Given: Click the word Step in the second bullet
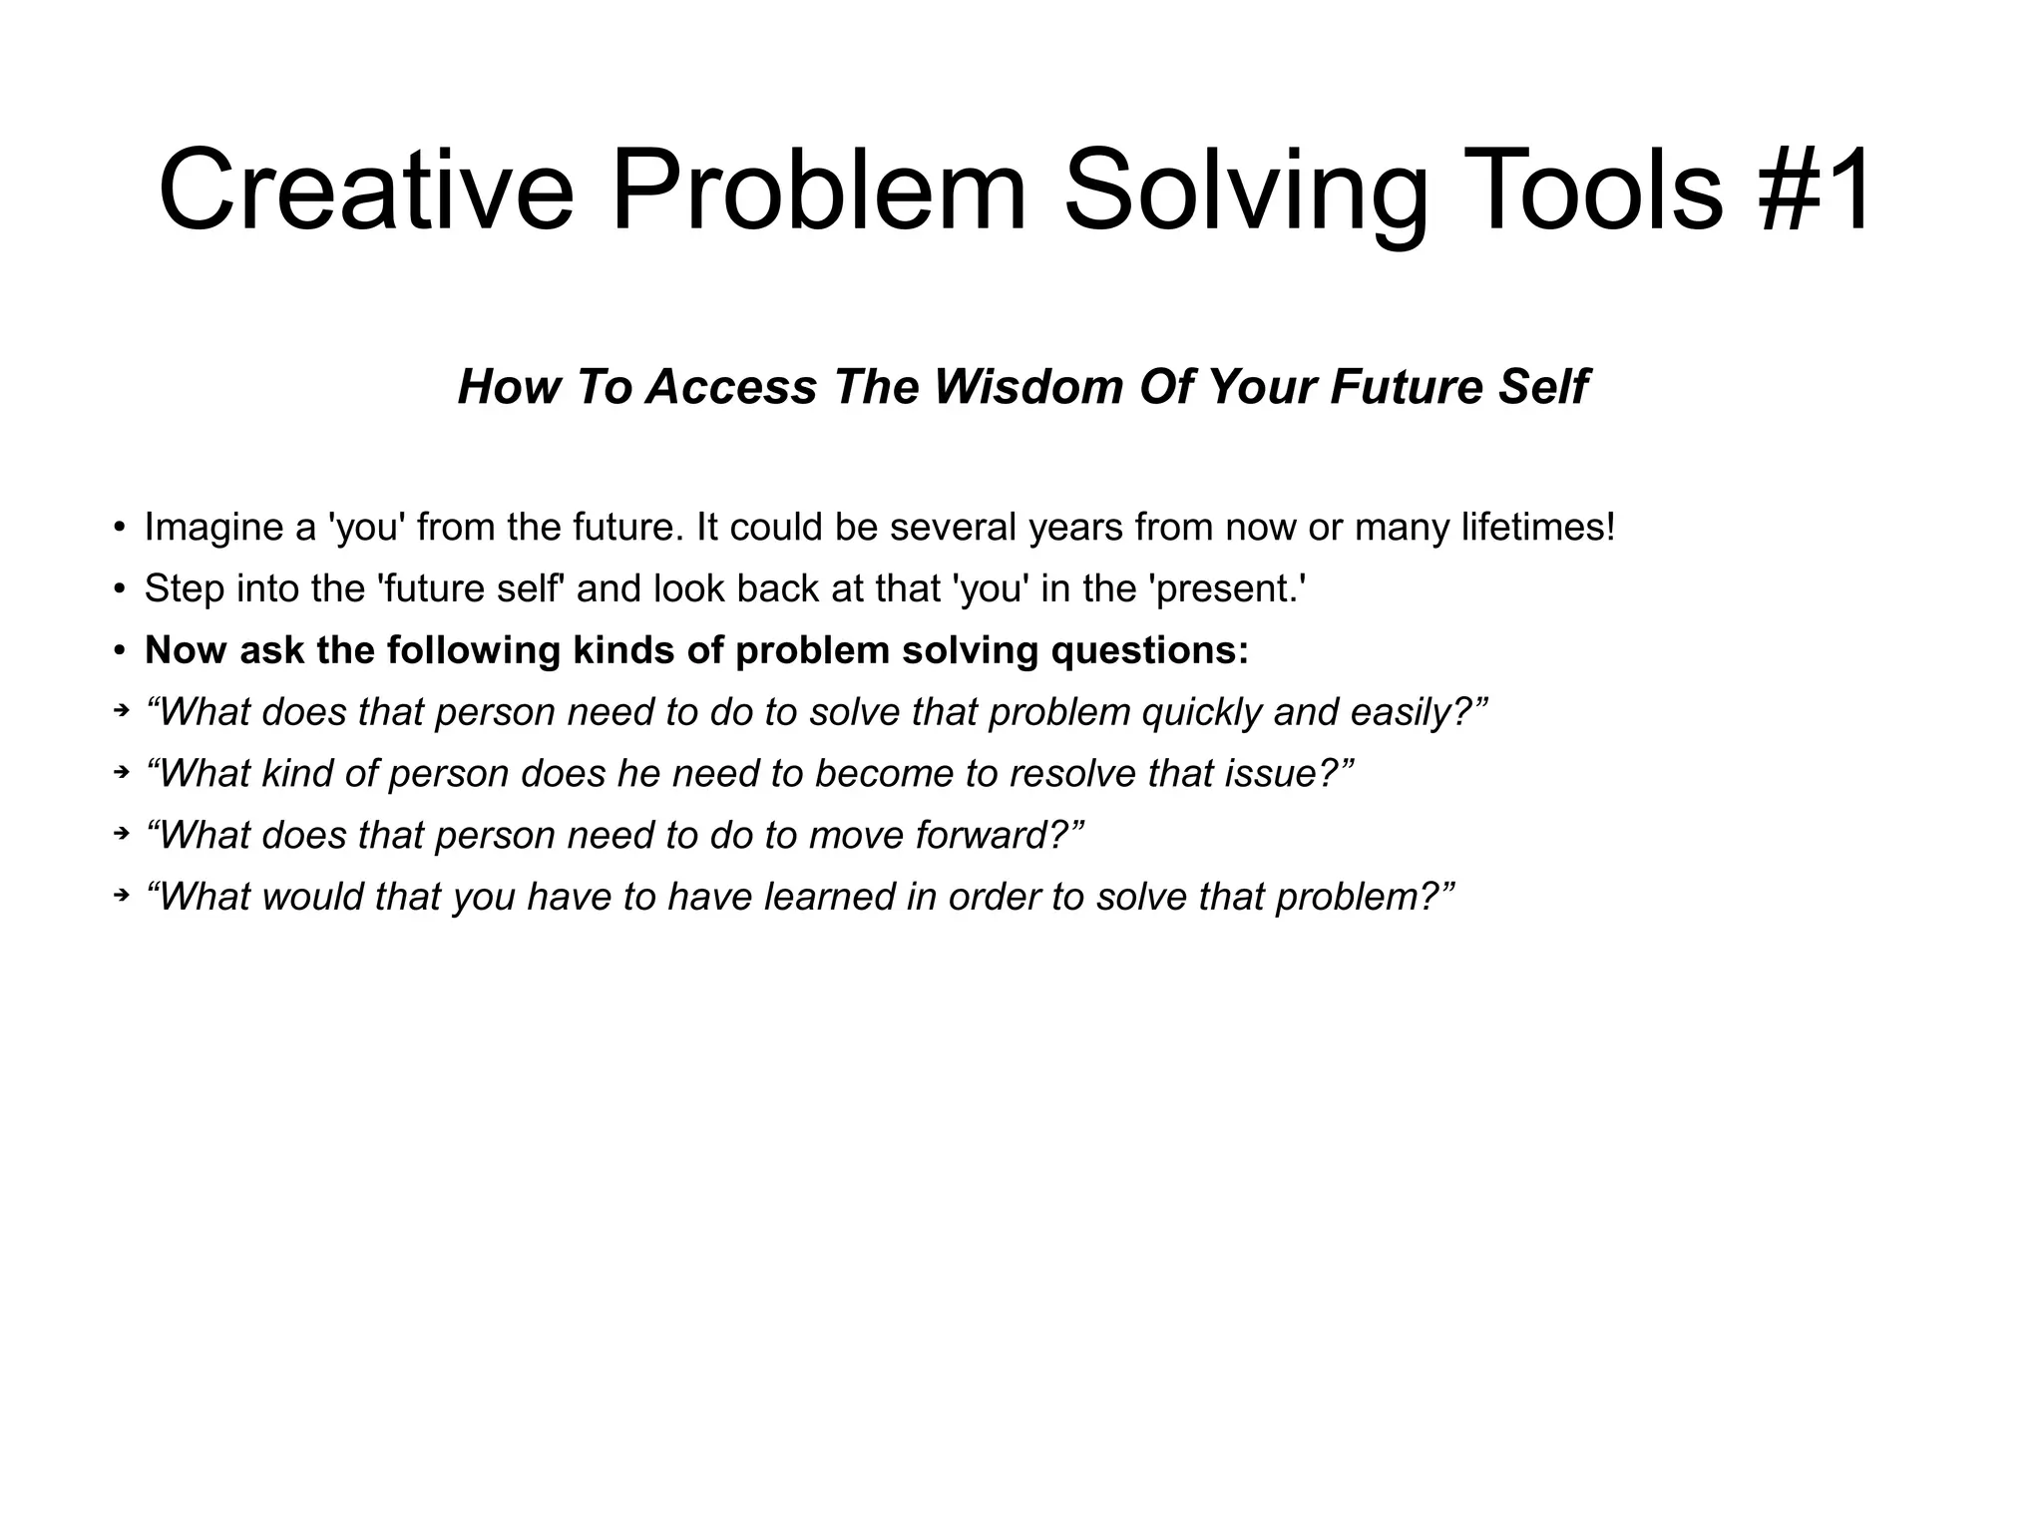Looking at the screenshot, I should click(x=185, y=589).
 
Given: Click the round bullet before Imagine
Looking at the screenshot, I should click(x=119, y=528).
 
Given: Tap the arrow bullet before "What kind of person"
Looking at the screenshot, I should click(x=121, y=772).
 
